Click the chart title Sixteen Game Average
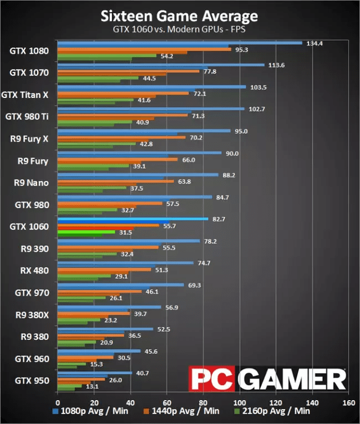[179, 14]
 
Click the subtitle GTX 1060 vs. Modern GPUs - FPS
[179, 29]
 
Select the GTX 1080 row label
[29, 51]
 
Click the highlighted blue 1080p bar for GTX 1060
[132, 219]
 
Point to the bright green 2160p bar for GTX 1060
[86, 232]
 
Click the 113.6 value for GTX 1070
[277, 65]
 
